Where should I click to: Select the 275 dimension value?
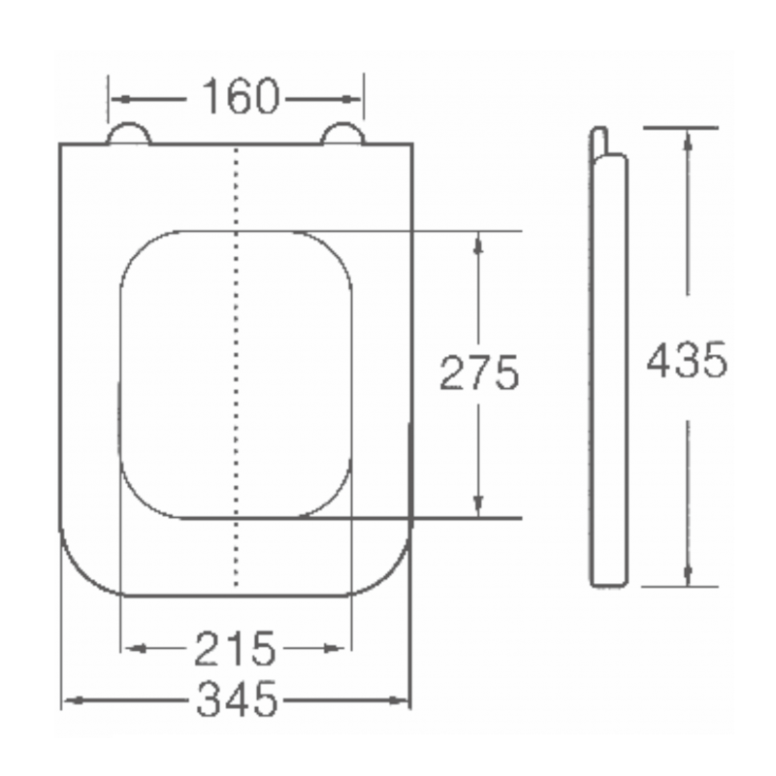480,372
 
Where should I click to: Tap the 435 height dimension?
687,361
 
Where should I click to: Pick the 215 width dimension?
235,648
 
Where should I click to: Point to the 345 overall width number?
237,698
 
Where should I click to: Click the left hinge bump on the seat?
129,134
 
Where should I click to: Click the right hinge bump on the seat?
342,134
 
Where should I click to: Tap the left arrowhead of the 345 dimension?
71,699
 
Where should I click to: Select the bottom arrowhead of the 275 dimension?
477,505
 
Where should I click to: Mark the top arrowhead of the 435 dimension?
688,138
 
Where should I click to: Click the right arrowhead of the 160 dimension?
354,98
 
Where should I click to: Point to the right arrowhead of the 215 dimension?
339,648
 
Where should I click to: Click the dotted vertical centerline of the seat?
237,388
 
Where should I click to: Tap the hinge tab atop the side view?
598,141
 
